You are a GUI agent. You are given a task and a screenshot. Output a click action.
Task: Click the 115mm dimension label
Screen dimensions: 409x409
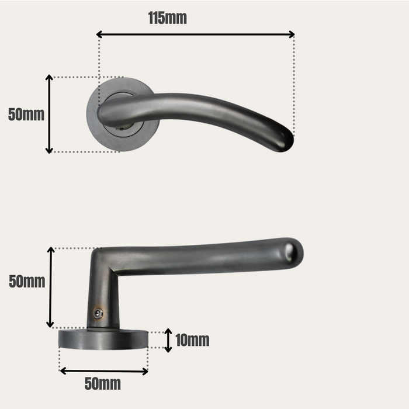tap(167, 18)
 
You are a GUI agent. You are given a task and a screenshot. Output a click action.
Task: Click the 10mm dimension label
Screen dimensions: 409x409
tap(192, 340)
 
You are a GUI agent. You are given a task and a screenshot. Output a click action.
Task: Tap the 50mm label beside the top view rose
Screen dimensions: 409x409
tap(26, 115)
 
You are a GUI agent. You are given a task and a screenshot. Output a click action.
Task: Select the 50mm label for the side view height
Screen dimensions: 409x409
tap(27, 282)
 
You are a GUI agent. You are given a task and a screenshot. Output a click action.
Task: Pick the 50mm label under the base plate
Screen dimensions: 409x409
tap(103, 384)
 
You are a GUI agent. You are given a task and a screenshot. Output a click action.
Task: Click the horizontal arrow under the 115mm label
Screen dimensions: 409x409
tap(195, 34)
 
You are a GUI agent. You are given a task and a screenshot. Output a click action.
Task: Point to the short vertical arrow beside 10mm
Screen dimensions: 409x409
tap(168, 341)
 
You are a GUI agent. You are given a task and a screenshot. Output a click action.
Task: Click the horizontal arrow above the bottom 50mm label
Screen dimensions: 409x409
tap(103, 371)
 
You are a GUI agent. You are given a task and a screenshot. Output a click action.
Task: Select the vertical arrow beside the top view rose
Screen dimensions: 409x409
tap(50, 114)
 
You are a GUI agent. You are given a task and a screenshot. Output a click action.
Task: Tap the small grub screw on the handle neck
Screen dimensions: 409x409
tap(98, 314)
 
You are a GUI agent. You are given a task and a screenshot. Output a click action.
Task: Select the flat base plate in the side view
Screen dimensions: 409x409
tap(103, 339)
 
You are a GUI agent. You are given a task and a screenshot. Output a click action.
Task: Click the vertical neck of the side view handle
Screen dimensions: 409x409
tap(103, 292)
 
